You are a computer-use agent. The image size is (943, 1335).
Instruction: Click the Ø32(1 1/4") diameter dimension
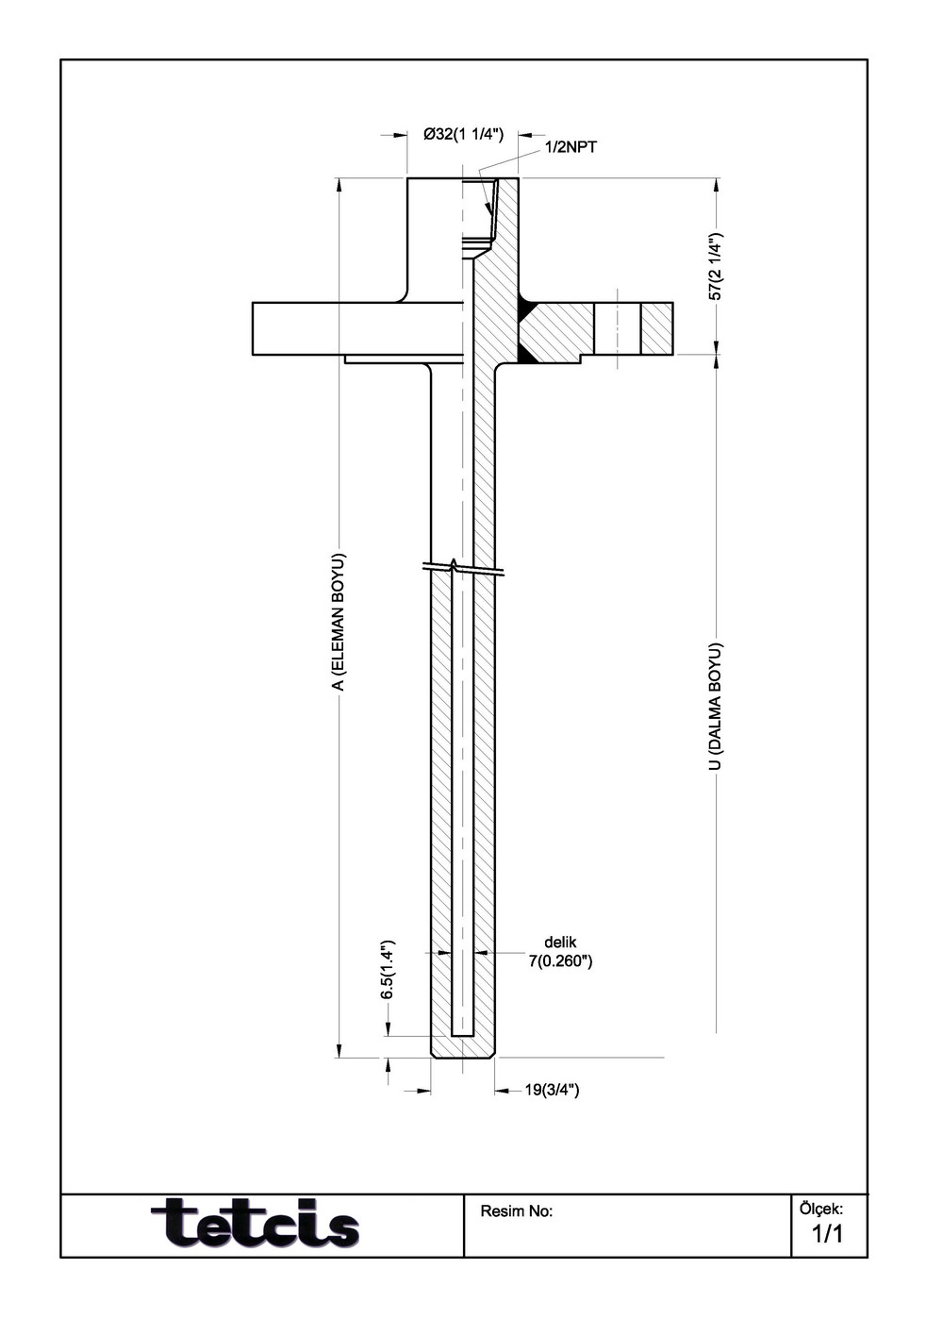[463, 135]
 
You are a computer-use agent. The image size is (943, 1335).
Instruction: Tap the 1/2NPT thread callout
[571, 148]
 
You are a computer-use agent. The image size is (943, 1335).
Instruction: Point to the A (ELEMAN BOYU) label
[338, 622]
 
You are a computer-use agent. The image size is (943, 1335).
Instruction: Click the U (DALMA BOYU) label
[716, 706]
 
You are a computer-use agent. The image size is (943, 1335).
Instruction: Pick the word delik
[560, 943]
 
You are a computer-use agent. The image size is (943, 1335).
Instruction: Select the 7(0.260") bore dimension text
[560, 960]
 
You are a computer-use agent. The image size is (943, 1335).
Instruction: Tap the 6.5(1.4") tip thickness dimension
[388, 970]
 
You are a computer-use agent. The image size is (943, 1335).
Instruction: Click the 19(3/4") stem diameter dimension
[553, 1090]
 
